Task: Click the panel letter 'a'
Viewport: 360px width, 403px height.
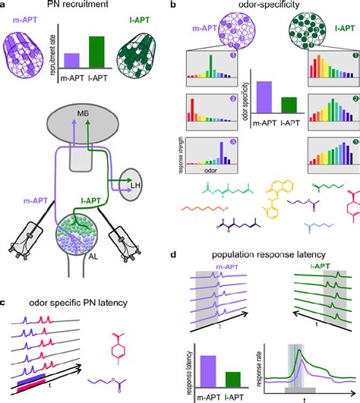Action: [x=5, y=5]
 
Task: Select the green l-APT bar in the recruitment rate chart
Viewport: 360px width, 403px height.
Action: [x=98, y=51]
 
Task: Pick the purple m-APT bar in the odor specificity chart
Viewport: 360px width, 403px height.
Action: [x=264, y=96]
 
